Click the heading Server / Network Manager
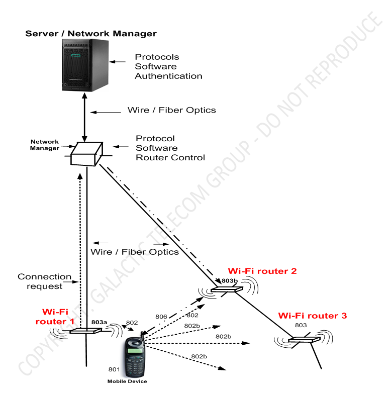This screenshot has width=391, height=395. coord(91,34)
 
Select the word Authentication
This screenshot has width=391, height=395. coord(168,76)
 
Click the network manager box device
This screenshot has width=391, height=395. coord(86,152)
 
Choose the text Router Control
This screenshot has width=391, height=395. coord(170,157)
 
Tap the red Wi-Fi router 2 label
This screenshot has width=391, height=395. coord(262,271)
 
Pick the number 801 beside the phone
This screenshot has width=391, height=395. coord(114,370)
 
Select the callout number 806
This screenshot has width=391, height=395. coord(161,317)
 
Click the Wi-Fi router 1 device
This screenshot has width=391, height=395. coord(85,331)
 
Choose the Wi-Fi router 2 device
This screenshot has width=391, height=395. coord(227,290)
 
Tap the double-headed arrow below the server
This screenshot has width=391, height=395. coord(84,121)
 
